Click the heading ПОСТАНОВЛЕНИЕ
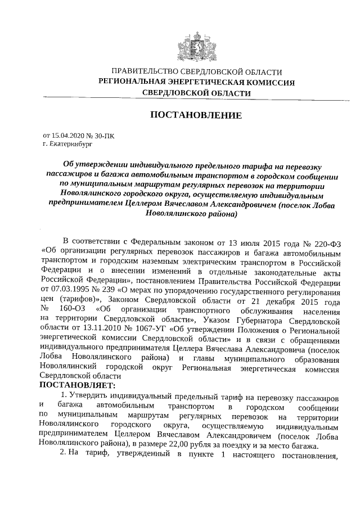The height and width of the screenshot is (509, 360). (196, 115)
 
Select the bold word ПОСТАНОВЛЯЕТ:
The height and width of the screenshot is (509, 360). (77, 385)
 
